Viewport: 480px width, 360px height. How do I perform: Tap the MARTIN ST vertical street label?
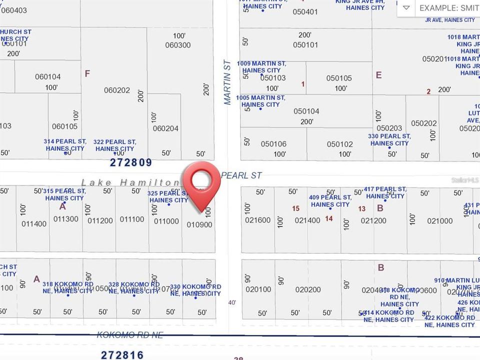coord(227,82)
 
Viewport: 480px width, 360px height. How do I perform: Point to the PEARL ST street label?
coord(241,175)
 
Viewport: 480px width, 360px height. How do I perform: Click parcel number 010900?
coord(199,225)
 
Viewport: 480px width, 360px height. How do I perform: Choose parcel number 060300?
coord(178,45)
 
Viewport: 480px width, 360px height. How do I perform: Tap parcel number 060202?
coord(117,90)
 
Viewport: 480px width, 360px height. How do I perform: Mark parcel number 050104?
coord(306,111)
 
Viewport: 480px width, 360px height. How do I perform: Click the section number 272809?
coord(130,163)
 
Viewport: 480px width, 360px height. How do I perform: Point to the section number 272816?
coord(122,355)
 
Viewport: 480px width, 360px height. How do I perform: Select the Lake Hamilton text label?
coord(131,183)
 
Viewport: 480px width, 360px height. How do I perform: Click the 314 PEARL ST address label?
coord(65,145)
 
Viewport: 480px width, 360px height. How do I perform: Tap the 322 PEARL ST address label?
coord(115,145)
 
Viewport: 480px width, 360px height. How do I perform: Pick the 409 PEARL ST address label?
coord(330,201)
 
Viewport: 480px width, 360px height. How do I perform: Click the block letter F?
coord(87,74)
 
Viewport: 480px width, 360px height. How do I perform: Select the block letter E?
coord(378,75)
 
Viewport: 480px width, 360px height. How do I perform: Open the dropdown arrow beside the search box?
coord(406,8)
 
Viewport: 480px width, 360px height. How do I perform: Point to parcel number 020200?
coord(308,289)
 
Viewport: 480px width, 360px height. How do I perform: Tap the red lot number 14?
coord(328,218)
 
